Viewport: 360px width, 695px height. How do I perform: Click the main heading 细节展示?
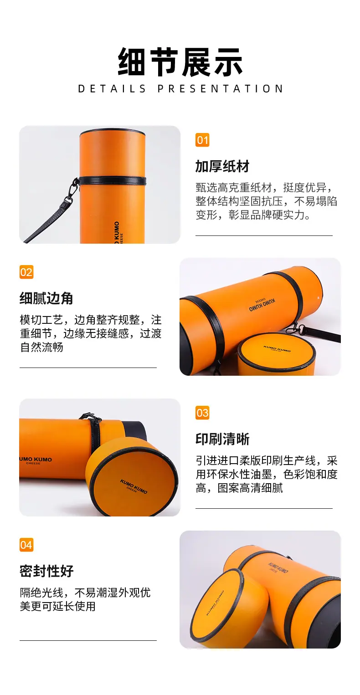point(180,62)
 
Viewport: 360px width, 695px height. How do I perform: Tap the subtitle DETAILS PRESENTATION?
point(180,89)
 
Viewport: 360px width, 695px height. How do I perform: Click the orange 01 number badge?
point(202,140)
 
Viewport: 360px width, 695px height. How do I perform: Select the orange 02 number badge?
point(26,272)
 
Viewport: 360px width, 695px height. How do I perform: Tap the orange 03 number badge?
point(202,413)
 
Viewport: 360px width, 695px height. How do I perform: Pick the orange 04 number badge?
point(26,545)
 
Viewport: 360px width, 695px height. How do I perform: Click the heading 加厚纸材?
point(222,166)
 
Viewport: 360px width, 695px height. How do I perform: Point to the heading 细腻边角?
point(46,298)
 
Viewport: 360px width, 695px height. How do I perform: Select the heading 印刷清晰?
point(222,439)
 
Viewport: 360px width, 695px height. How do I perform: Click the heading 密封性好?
point(46,571)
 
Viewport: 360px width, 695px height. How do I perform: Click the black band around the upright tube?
point(113,180)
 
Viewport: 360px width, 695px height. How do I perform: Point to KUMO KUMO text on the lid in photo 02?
point(277,348)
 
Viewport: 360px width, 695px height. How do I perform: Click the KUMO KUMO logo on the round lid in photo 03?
point(134,486)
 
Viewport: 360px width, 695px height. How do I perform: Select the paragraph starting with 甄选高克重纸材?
point(266,201)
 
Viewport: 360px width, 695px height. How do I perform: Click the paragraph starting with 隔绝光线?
point(85,599)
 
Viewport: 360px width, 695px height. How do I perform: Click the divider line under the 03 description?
point(264,508)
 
